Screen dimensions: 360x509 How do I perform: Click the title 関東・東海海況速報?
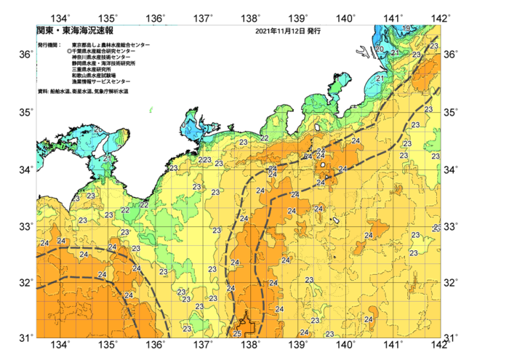coord(74,31)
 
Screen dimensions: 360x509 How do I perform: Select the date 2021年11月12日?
coord(280,32)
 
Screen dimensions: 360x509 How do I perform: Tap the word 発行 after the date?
coord(313,32)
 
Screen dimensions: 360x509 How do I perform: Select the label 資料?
coord(43,92)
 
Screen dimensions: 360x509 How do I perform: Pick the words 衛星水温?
coord(84,92)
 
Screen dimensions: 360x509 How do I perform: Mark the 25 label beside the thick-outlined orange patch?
coord(237,333)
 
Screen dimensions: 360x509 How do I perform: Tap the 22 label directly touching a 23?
coord(201,160)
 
